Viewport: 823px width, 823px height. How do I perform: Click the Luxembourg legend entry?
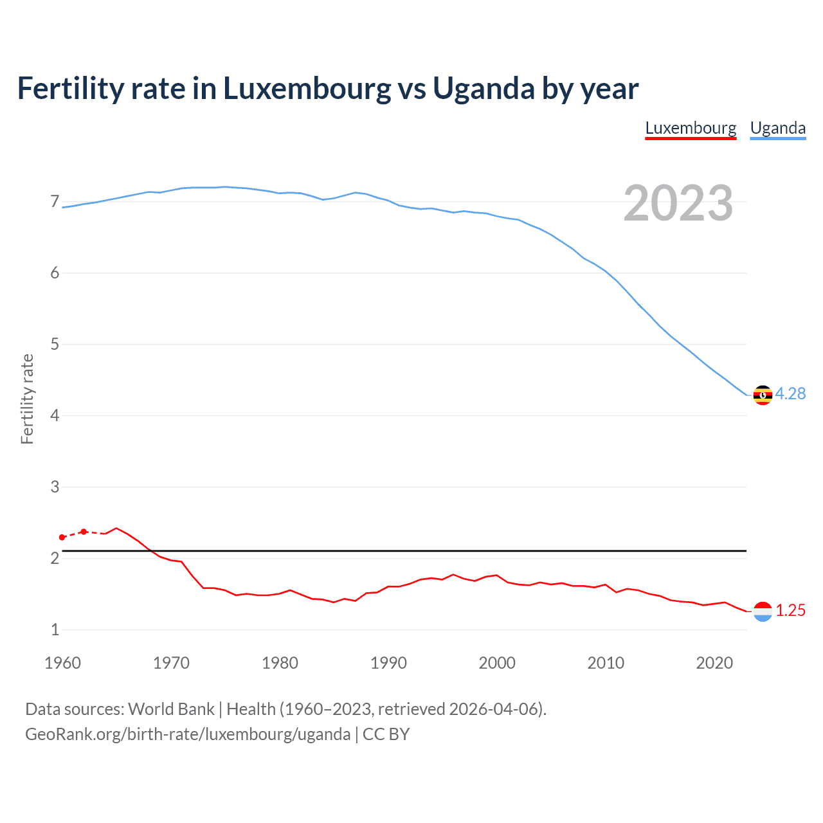(691, 128)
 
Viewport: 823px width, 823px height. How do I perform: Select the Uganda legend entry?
(778, 128)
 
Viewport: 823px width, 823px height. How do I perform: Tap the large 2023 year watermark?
(678, 203)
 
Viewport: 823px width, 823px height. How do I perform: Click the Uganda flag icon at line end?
(763, 395)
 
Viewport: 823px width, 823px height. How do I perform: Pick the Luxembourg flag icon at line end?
(763, 611)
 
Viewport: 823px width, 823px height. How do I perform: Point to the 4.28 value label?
(790, 393)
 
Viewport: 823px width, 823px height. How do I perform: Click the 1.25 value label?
(790, 610)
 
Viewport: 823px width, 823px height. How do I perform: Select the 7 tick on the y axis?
(55, 202)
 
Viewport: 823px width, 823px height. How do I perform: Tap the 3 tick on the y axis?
(55, 487)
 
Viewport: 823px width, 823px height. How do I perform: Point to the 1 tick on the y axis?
(55, 629)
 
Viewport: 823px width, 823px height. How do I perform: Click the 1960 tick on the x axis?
(62, 663)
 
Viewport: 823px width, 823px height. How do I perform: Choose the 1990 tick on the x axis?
(388, 663)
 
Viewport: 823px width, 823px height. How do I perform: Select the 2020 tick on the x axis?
(714, 663)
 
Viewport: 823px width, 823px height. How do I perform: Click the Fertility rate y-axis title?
(27, 399)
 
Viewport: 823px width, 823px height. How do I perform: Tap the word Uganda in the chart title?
(484, 89)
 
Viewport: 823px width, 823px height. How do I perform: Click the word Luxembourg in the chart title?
(307, 89)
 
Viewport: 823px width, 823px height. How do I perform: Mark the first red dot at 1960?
(62, 537)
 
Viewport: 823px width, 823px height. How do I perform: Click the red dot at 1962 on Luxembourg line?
(84, 532)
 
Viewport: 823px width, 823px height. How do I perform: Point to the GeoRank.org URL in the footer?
(188, 734)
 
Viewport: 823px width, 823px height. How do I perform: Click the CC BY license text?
(386, 734)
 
